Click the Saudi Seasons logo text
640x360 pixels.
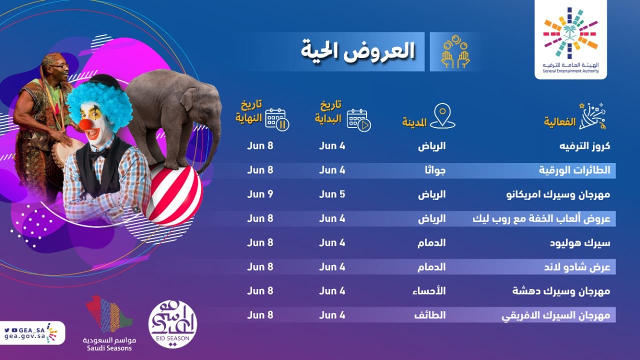109,343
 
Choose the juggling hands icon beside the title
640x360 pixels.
455,52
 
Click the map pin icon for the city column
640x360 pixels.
442,115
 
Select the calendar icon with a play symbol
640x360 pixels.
359,120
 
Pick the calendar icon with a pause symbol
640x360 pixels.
277,119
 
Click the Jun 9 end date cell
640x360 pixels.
260,194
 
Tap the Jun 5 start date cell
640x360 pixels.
332,194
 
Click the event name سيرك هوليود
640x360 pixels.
584,242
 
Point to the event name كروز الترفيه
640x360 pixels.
583,146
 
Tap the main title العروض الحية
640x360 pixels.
358,51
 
